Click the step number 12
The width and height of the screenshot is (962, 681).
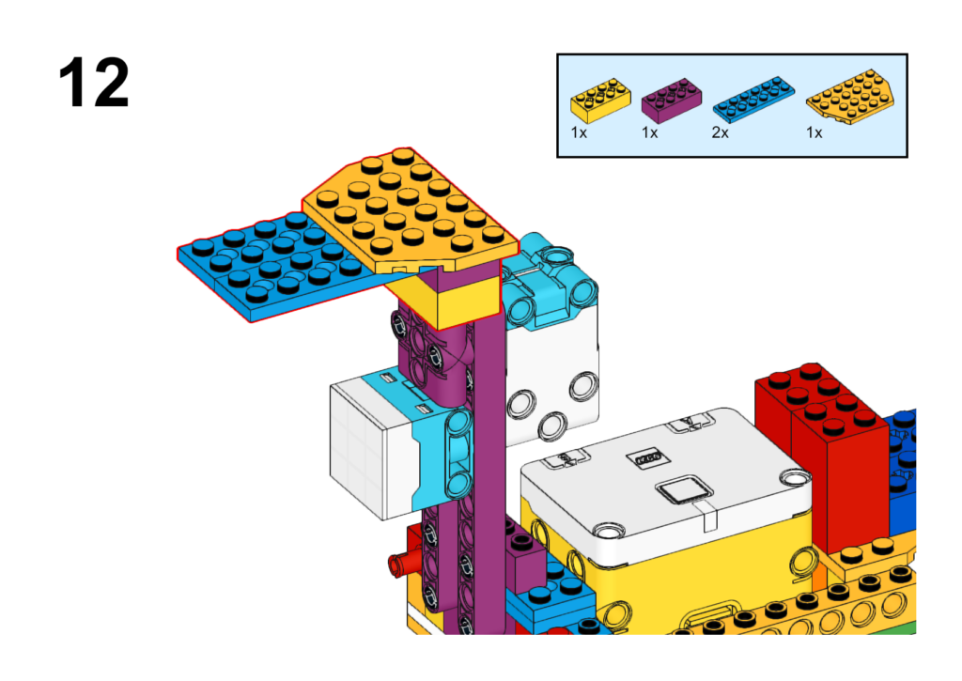[x=94, y=83]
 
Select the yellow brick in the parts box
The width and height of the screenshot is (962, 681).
[x=600, y=101]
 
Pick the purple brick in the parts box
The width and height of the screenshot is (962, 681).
[x=671, y=101]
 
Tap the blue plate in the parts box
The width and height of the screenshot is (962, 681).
[x=753, y=99]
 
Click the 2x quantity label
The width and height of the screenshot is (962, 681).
[x=721, y=132]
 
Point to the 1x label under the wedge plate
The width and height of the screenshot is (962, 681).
[x=815, y=132]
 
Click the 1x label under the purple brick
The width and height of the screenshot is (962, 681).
[x=650, y=132]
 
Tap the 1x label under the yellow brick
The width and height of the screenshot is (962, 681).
[x=579, y=132]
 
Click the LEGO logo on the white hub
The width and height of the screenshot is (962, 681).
[x=648, y=458]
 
